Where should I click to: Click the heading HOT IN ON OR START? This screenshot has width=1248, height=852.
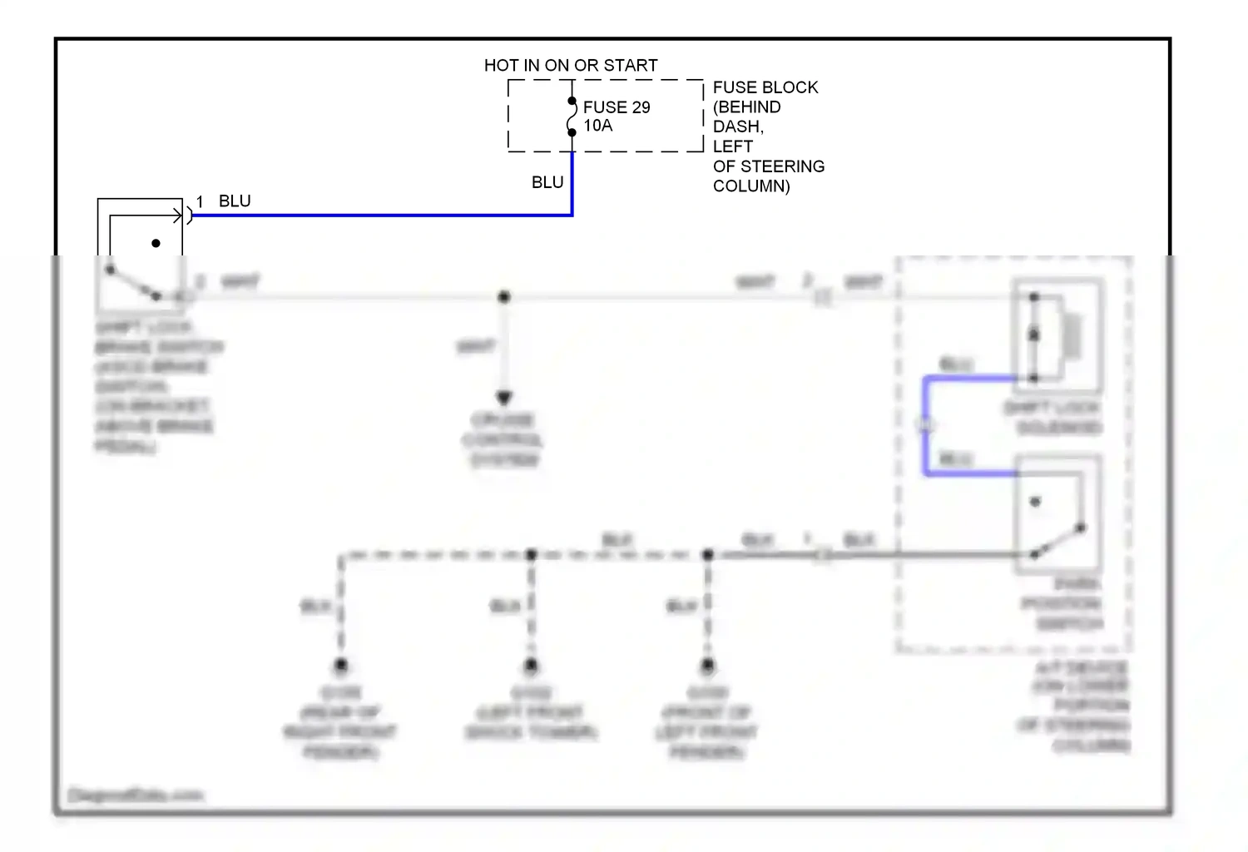pyautogui.click(x=571, y=65)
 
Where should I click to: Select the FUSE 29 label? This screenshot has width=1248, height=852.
pyautogui.click(x=617, y=107)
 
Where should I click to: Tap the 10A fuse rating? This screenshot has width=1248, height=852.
pyautogui.click(x=598, y=126)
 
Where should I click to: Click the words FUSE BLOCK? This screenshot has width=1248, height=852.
pyautogui.click(x=765, y=87)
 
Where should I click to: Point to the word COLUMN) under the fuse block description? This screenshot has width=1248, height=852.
pyautogui.click(x=751, y=186)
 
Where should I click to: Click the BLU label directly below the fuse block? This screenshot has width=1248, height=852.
pyautogui.click(x=547, y=182)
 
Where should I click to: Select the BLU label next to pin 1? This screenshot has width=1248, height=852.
pyautogui.click(x=235, y=201)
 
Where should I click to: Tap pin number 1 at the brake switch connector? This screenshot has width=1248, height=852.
pyautogui.click(x=200, y=202)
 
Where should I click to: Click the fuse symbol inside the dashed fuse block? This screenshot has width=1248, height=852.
pyautogui.click(x=572, y=117)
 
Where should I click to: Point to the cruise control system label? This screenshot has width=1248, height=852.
pyautogui.click(x=503, y=439)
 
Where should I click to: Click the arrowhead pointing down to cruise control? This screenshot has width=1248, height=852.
pyautogui.click(x=504, y=398)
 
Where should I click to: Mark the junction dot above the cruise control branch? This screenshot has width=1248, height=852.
pyautogui.click(x=504, y=297)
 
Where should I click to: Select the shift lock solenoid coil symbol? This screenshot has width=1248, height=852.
pyautogui.click(x=1072, y=336)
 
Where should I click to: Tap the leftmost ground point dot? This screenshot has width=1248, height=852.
pyautogui.click(x=341, y=666)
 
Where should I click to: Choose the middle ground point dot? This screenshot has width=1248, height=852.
pyautogui.click(x=532, y=666)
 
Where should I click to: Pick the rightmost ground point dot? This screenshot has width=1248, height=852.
pyautogui.click(x=708, y=666)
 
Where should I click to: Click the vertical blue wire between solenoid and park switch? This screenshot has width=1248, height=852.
pyautogui.click(x=925, y=426)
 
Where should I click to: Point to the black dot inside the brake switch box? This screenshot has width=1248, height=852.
pyautogui.click(x=156, y=244)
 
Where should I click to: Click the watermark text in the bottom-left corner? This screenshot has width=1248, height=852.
pyautogui.click(x=136, y=795)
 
